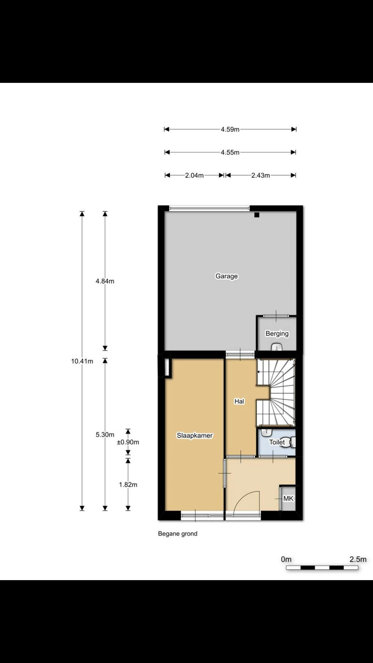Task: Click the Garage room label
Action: click(x=226, y=276)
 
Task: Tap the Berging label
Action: click(x=277, y=334)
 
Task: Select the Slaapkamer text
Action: click(x=195, y=435)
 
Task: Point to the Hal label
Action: click(x=239, y=401)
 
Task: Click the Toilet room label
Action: click(x=277, y=442)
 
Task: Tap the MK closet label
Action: click(x=288, y=498)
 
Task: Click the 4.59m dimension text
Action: click(x=230, y=129)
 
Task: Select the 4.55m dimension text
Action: click(x=230, y=153)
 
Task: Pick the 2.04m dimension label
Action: click(x=194, y=175)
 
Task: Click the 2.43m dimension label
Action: click(x=260, y=175)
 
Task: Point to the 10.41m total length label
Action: click(x=82, y=361)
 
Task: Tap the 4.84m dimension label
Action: click(x=105, y=281)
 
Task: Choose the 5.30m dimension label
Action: click(x=105, y=434)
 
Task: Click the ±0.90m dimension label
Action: click(x=128, y=442)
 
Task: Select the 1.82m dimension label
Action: click(x=128, y=484)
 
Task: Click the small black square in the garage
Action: click(x=256, y=215)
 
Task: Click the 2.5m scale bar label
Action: click(x=358, y=559)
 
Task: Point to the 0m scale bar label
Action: click(x=286, y=559)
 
